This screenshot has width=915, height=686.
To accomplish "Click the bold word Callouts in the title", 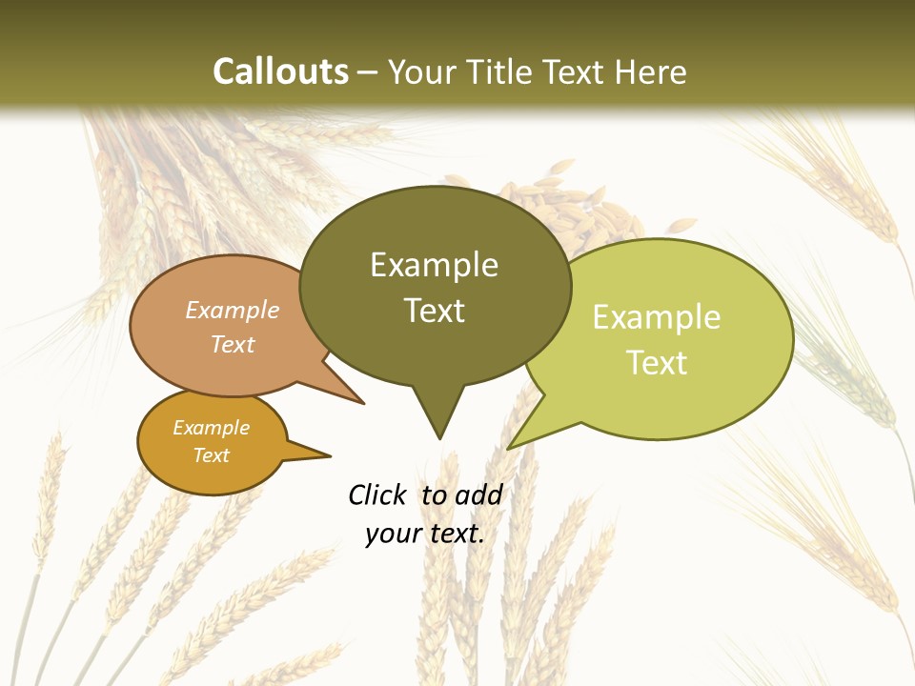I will click(x=280, y=71).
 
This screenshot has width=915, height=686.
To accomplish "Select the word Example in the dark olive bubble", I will click(x=434, y=265).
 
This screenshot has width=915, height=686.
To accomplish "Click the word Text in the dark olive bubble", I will click(x=434, y=310).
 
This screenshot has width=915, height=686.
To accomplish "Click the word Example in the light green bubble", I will click(x=657, y=317).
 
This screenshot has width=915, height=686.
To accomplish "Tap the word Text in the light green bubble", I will click(x=657, y=362).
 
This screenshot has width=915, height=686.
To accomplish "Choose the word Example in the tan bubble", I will click(x=233, y=310).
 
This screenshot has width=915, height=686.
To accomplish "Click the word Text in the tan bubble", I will click(x=233, y=344).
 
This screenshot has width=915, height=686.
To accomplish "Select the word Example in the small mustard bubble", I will click(x=212, y=428).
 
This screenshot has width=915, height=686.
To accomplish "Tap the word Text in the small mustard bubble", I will click(x=212, y=455).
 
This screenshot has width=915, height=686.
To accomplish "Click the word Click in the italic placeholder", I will click(x=378, y=494).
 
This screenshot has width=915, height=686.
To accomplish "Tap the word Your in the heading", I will click(x=423, y=71).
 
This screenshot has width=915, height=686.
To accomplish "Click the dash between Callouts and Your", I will click(x=368, y=72).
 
